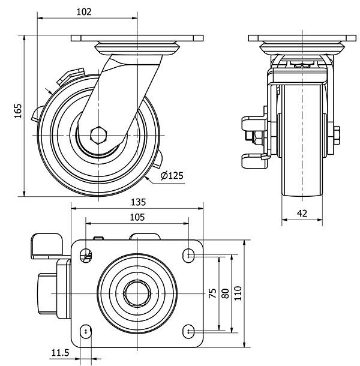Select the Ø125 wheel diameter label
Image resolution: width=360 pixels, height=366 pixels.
point(172,175)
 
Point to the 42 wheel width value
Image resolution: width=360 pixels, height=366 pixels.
point(302,212)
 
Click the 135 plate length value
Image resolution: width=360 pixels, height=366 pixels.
point(137,202)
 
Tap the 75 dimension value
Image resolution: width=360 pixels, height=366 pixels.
point(212,293)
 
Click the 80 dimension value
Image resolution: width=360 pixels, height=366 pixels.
point(225,293)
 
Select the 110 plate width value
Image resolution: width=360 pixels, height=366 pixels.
point(238,293)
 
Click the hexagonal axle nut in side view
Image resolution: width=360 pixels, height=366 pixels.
point(98,134)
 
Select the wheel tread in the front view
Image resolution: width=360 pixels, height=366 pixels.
point(303,150)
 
